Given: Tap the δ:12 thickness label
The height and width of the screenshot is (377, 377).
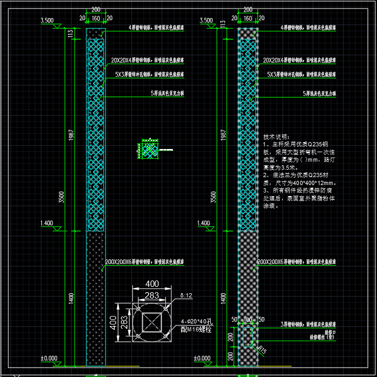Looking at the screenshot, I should tap(185, 295).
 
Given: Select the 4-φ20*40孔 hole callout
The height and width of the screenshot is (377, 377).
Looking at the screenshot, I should tap(196, 322).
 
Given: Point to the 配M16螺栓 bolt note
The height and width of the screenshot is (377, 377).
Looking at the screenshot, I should tap(196, 329).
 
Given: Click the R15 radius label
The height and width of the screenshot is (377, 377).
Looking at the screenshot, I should tap(262, 349).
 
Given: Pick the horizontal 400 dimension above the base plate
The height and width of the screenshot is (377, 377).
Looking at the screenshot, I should tap(152, 284).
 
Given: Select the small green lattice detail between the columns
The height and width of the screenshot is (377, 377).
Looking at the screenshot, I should tap(149, 150).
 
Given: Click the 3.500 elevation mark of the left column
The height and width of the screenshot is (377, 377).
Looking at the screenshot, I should tap(47, 21).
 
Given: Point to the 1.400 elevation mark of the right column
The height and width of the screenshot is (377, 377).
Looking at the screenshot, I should tap(203, 223).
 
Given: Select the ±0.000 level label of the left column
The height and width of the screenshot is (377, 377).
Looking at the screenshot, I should tap(49, 358).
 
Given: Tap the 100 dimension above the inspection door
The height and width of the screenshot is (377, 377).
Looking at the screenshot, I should tap(247, 320).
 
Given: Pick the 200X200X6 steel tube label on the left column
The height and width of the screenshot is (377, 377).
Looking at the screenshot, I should tap(144, 262).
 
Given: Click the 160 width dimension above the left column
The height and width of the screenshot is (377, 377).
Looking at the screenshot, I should tap(96, 18).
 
